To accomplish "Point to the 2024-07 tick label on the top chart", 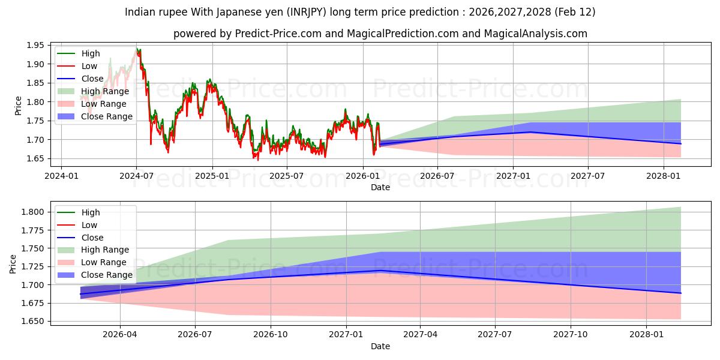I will pyautogui.click(x=137, y=176).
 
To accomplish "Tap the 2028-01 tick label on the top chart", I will pyautogui.click(x=664, y=176).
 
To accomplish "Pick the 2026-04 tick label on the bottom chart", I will pyautogui.click(x=121, y=335).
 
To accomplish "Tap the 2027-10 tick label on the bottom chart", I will pyautogui.click(x=571, y=335).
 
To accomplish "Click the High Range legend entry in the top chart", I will pyautogui.click(x=104, y=91).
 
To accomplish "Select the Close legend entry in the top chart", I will pyautogui.click(x=92, y=79).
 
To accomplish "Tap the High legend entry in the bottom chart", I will pyautogui.click(x=90, y=212).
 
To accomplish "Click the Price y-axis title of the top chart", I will pyautogui.click(x=18, y=106).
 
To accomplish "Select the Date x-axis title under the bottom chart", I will pyautogui.click(x=380, y=346).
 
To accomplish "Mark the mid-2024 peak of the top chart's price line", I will pyautogui.click(x=137, y=49).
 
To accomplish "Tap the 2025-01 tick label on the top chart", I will pyautogui.click(x=212, y=176).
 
